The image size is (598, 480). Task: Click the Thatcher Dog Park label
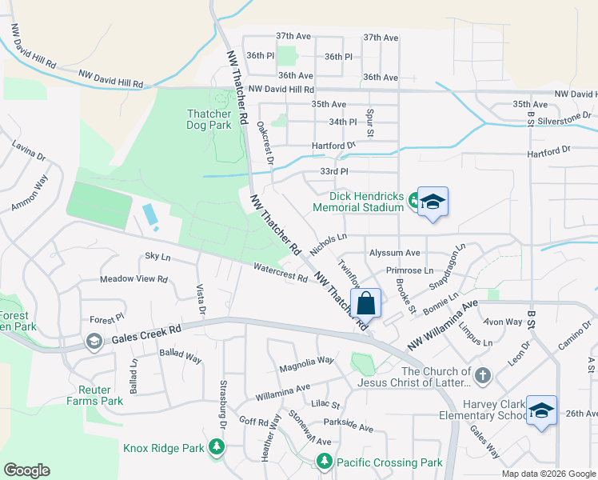point(209,119)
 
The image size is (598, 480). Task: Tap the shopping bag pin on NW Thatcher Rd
point(366,304)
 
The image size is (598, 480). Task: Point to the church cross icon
point(482,375)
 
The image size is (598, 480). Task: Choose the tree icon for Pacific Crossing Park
point(324,462)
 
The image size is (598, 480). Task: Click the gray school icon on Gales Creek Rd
point(94,342)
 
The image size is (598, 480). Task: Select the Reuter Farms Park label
point(95,395)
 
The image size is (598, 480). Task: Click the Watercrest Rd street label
point(281,273)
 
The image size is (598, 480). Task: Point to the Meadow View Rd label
point(134,279)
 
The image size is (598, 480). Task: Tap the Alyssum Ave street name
point(394,253)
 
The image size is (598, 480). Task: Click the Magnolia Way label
point(306,365)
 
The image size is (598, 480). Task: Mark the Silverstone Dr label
point(564,116)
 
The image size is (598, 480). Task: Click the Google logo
point(26,470)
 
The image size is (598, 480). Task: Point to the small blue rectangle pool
point(149,214)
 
